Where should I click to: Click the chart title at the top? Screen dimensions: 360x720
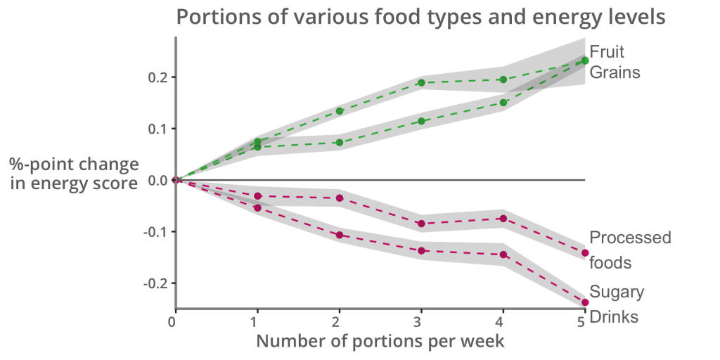[420, 16]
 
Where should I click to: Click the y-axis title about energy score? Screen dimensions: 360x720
[74, 174]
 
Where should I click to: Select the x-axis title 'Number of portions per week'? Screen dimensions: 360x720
[380, 341]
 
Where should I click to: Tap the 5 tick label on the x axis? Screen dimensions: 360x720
[581, 321]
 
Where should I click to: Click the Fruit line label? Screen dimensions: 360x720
[607, 52]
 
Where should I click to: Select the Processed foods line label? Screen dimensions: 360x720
[629, 250]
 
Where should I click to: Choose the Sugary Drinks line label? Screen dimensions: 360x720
[617, 304]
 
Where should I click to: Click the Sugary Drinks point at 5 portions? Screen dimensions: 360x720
[585, 302]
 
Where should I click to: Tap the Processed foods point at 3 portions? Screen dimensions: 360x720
[421, 224]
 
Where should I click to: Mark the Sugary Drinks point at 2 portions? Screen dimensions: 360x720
[340, 235]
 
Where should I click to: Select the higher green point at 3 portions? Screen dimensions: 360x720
[421, 83]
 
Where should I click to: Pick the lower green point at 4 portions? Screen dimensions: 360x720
[503, 103]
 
